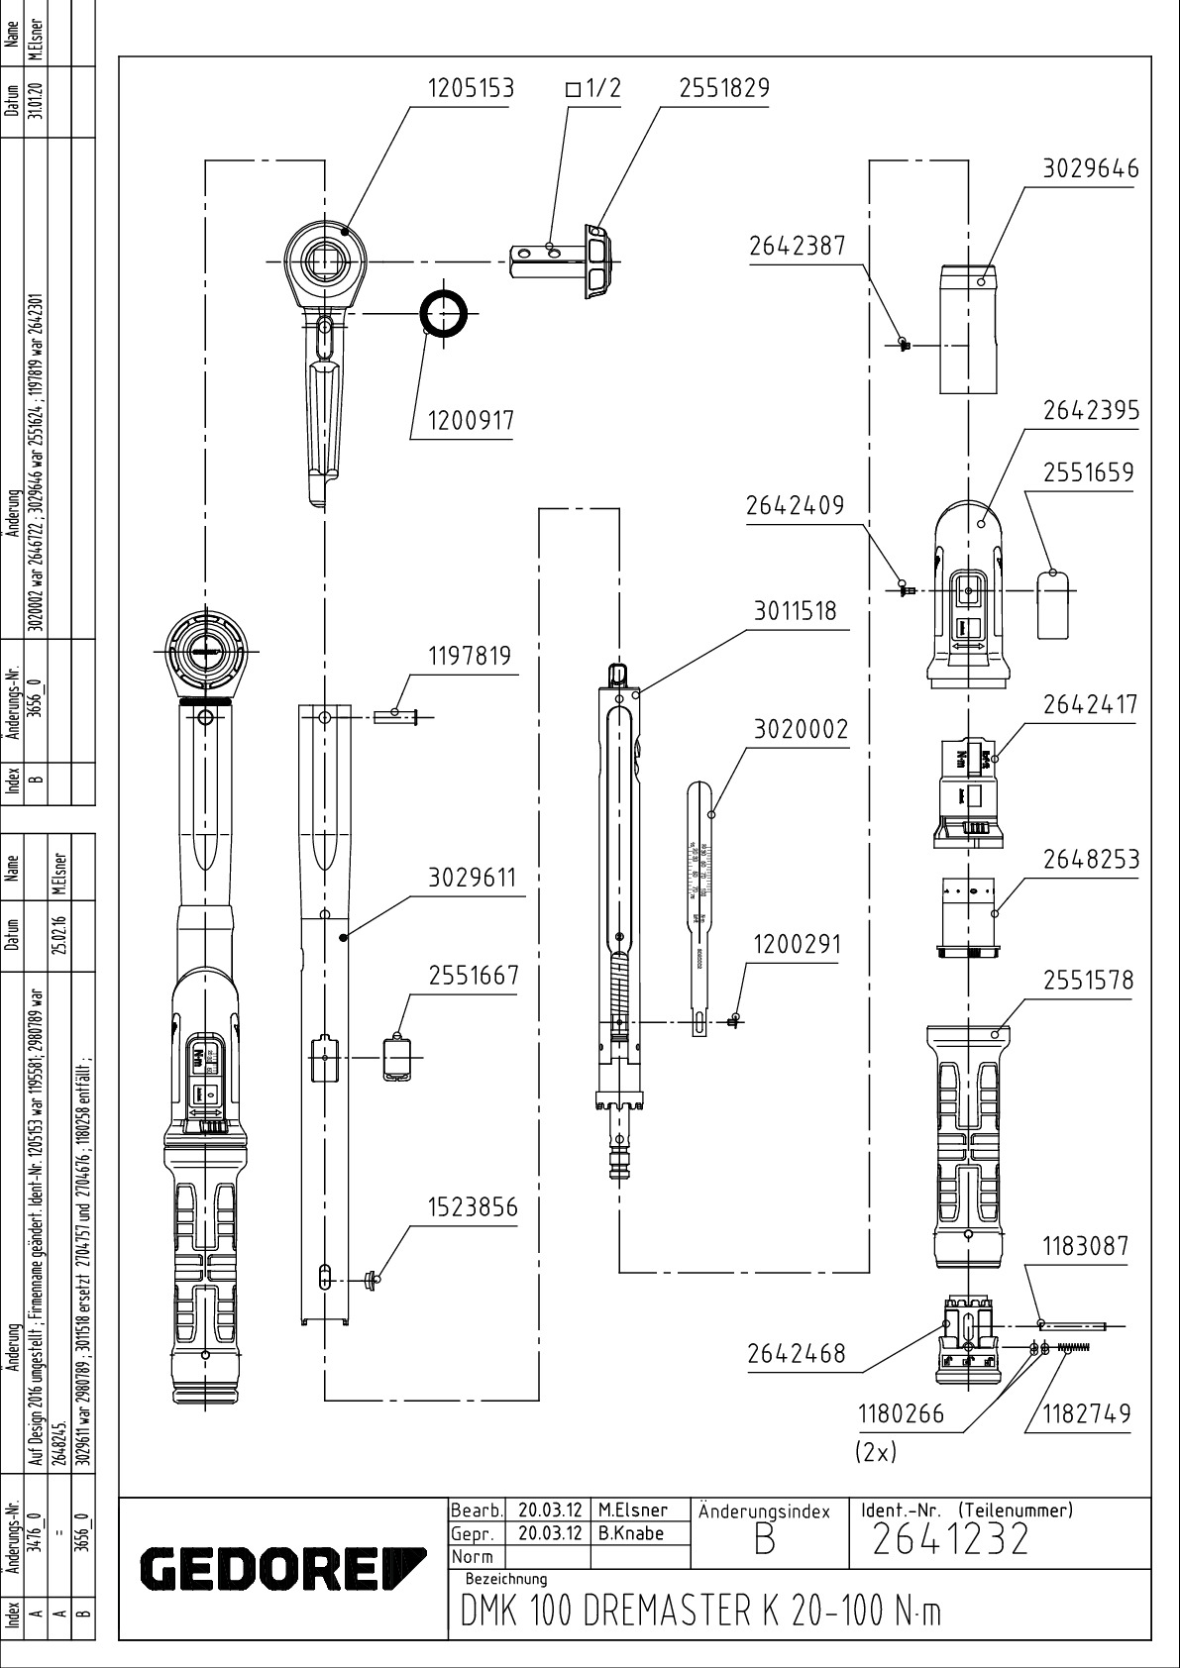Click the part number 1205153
[471, 88]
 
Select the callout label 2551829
[724, 88]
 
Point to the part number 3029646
[1091, 168]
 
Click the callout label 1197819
[470, 656]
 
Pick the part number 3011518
[795, 611]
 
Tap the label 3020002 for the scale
[802, 730]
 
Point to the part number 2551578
[1088, 980]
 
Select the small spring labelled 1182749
[1072, 1346]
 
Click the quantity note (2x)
[875, 1451]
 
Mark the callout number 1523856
[473, 1208]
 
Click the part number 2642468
[797, 1353]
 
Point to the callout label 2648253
[1091, 859]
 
